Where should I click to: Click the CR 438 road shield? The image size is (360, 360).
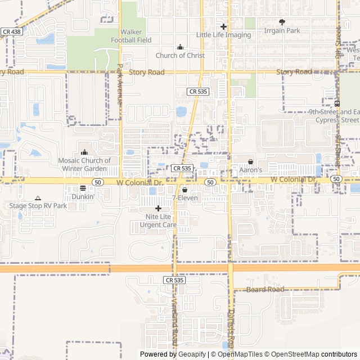click(x=11, y=32)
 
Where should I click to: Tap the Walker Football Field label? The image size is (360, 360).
click(x=131, y=36)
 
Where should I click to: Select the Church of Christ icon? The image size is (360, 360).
click(x=180, y=47)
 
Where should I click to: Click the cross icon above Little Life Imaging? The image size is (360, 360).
click(x=223, y=26)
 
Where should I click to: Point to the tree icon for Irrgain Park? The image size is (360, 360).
click(x=282, y=22)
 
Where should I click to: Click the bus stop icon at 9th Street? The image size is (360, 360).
click(x=337, y=103)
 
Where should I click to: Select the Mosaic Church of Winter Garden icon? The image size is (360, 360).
click(x=84, y=152)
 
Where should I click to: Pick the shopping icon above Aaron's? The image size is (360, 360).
click(x=251, y=161)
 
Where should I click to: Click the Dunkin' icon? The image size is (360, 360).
click(x=83, y=188)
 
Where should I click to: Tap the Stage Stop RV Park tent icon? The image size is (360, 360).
click(x=38, y=198)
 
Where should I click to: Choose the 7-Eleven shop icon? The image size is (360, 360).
click(x=184, y=190)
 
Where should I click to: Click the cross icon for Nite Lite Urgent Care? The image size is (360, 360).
click(x=158, y=208)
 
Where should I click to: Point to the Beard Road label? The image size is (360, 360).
click(x=265, y=289)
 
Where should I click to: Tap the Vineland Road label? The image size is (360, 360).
click(x=174, y=321)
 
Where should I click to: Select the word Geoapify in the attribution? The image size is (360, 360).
click(x=193, y=354)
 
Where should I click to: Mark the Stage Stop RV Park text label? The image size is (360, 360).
click(x=38, y=206)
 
